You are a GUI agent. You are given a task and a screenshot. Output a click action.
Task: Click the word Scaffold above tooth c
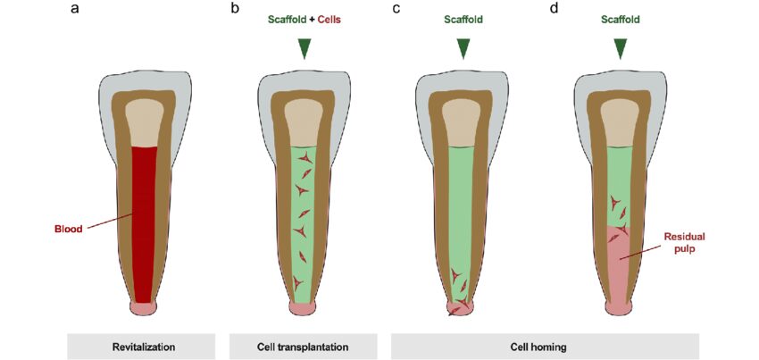click(462, 20)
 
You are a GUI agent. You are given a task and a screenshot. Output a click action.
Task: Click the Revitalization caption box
click(143, 347)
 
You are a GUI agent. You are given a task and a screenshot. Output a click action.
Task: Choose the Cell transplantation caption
click(304, 347)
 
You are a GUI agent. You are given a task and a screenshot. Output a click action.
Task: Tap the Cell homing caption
click(545, 347)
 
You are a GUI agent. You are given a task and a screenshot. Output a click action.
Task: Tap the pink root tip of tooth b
click(304, 307)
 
